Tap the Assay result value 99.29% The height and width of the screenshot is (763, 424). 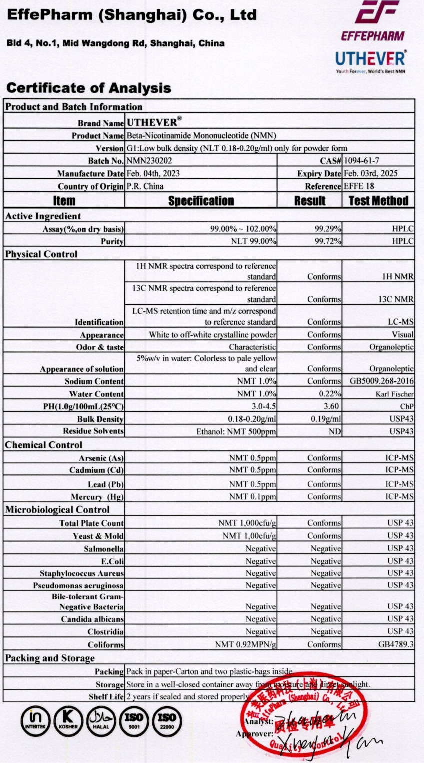tap(328, 229)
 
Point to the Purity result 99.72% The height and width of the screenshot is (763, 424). tap(328, 241)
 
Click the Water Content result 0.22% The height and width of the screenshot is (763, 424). tap(330, 394)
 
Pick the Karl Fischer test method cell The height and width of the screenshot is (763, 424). tap(395, 394)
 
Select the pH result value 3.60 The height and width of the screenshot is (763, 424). tap(333, 406)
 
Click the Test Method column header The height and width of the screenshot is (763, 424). tap(378, 201)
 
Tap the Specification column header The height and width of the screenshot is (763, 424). tap(201, 201)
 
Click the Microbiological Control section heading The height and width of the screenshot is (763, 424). tap(57, 510)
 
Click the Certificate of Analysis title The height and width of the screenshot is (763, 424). tap(89, 88)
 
